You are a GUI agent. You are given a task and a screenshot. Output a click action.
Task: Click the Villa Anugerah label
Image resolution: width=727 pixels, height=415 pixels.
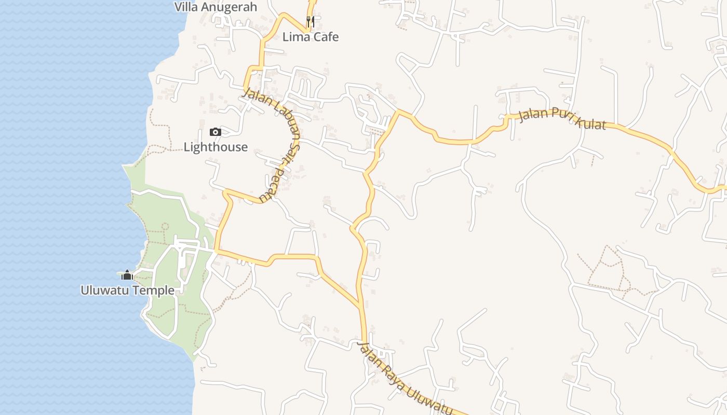pos(216,7)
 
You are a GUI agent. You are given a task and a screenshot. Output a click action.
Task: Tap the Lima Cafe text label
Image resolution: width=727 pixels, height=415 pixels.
pos(311,37)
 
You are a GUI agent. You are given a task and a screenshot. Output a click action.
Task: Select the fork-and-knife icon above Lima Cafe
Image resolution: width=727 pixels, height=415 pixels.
pos(311,21)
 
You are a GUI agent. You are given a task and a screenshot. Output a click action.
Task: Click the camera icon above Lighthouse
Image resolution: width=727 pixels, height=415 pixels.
pos(216,132)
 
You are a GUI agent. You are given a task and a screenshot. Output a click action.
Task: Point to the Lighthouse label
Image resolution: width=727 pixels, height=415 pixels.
pos(216,147)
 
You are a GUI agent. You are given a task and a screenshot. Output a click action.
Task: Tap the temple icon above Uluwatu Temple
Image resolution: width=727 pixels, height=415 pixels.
pos(127,275)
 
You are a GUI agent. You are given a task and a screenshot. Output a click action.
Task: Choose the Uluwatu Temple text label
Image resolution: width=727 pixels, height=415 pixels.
pos(127,290)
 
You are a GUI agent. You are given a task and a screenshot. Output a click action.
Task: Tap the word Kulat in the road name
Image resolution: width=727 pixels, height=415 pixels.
pos(589,122)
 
